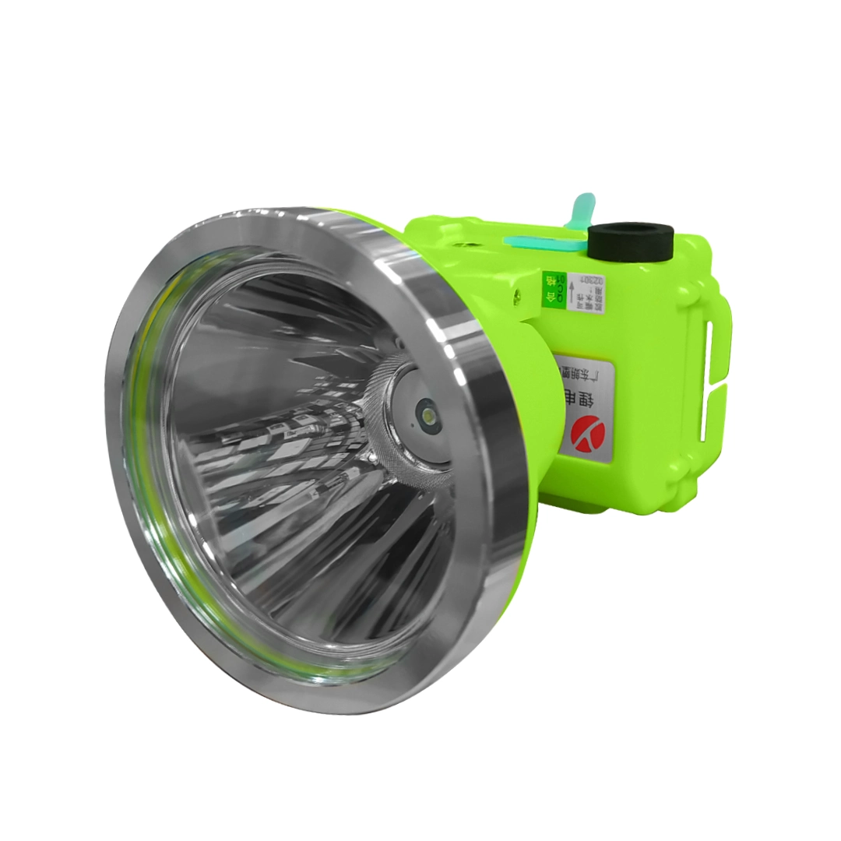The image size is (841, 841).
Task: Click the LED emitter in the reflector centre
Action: click(426, 411)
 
